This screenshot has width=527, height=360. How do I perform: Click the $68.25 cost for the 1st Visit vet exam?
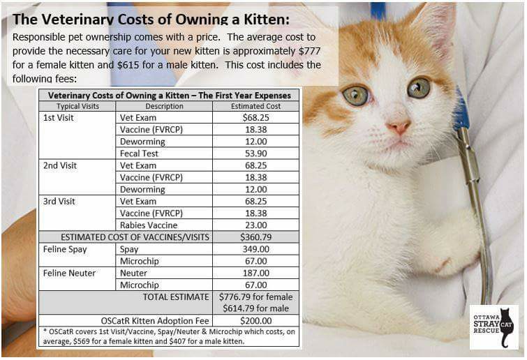pos(255,117)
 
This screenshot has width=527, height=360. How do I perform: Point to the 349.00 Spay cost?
pos(255,249)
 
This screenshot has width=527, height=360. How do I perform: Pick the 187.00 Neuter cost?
pos(255,273)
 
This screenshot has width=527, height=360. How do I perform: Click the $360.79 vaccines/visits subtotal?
pos(255,237)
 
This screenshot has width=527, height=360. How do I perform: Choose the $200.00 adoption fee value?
pos(255,321)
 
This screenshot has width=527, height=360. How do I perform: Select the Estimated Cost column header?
pos(255,106)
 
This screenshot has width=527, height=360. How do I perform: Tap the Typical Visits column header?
pos(77,106)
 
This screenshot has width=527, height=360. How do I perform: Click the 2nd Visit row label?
pos(60,165)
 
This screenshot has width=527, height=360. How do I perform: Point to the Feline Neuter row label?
pos(69,273)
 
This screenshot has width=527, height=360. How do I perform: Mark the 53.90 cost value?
pos(255,153)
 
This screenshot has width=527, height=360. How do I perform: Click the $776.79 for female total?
pos(255,297)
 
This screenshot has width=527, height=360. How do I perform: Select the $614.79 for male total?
pos(255,308)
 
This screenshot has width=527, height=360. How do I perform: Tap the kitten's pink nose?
pos(399,127)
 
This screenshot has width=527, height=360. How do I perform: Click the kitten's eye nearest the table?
pos(355,96)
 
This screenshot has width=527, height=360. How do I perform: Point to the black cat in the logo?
pos(505,327)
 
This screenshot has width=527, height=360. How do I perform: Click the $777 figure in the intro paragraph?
pos(309,51)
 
